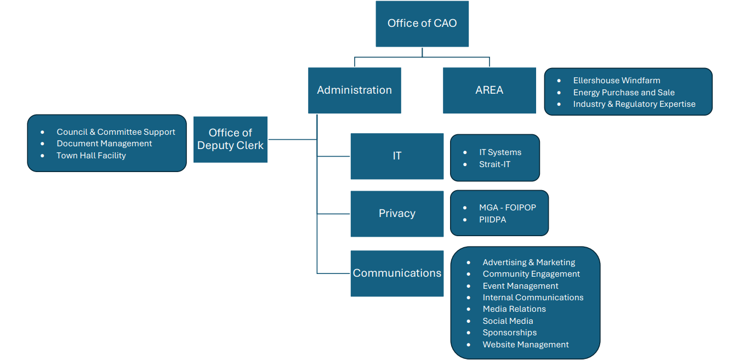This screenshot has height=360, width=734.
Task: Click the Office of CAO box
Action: point(422,24)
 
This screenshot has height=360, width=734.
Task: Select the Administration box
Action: point(354,90)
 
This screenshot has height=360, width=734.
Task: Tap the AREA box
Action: point(489,90)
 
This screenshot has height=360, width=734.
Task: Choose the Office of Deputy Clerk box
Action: point(230,139)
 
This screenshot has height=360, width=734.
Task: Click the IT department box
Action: point(397,156)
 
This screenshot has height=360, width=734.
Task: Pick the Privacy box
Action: point(397,214)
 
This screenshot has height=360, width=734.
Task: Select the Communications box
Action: point(397,273)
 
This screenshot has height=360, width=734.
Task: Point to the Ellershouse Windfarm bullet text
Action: point(616,81)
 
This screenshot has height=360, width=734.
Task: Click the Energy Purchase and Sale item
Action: point(623,93)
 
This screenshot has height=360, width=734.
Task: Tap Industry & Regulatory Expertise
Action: point(634,104)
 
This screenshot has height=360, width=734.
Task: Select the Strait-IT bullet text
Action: point(494,164)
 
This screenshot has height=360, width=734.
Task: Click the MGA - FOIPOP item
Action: point(507,208)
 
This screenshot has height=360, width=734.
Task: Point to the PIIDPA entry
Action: point(492,220)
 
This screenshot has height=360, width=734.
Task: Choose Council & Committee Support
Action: point(116,132)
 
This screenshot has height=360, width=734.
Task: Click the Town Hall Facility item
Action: point(91,156)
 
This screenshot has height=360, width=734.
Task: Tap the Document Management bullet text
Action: point(104,144)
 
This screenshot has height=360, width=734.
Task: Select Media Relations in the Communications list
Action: point(514,309)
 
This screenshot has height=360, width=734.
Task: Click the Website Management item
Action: point(525,345)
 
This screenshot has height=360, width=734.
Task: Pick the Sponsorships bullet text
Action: point(509,333)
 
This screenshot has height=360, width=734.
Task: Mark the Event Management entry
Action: point(520,286)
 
